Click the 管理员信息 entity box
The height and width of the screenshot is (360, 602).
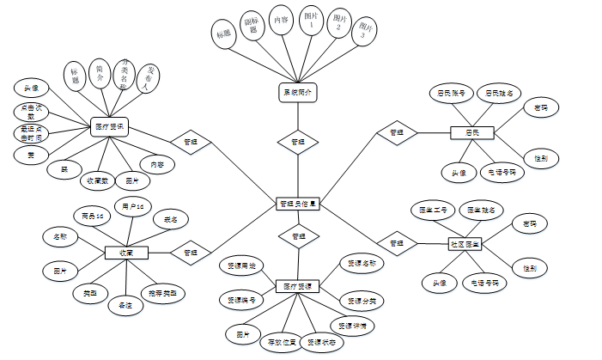click(x=298, y=204)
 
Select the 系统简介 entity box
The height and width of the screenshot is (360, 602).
click(x=297, y=91)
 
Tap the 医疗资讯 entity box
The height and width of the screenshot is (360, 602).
click(x=110, y=127)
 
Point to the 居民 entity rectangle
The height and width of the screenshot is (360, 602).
click(x=472, y=132)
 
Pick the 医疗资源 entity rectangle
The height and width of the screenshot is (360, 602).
click(x=298, y=285)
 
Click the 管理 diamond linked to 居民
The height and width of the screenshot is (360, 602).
click(x=397, y=132)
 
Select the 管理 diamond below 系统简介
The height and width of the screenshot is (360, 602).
click(x=297, y=141)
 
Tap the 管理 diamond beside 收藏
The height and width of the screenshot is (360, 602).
click(x=190, y=253)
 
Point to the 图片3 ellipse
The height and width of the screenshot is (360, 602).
click(x=367, y=33)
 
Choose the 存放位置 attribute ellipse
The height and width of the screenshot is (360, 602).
click(x=280, y=343)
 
